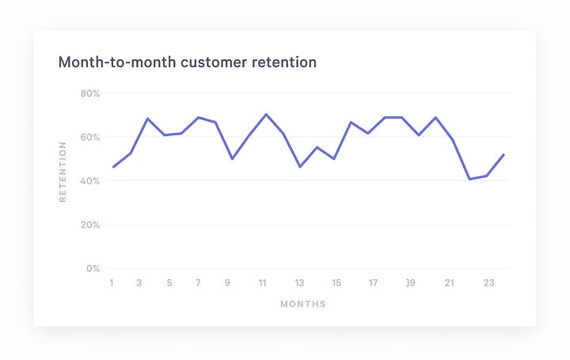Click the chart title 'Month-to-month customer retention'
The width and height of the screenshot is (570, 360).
click(x=188, y=62)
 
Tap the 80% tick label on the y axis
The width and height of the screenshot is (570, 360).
click(x=90, y=93)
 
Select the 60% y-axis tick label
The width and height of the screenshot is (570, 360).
click(x=90, y=137)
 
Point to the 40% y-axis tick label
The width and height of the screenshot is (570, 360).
click(x=90, y=181)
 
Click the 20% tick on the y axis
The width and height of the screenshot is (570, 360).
click(x=90, y=225)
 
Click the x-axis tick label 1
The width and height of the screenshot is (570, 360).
click(x=112, y=283)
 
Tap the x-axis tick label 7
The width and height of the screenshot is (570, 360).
click(x=198, y=283)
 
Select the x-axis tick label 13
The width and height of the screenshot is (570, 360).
click(x=299, y=283)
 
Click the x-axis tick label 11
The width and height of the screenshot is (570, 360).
click(x=262, y=283)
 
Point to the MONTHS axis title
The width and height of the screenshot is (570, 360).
click(x=302, y=304)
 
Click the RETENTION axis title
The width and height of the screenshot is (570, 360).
click(x=63, y=172)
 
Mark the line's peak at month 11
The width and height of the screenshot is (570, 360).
click(x=266, y=114)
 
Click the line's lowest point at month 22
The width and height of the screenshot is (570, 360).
click(x=469, y=179)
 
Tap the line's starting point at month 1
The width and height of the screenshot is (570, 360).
click(x=113, y=167)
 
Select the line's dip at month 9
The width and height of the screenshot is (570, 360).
click(x=232, y=158)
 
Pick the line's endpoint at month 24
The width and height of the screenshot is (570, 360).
click(x=503, y=155)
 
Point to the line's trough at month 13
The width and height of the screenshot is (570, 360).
click(x=300, y=166)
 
